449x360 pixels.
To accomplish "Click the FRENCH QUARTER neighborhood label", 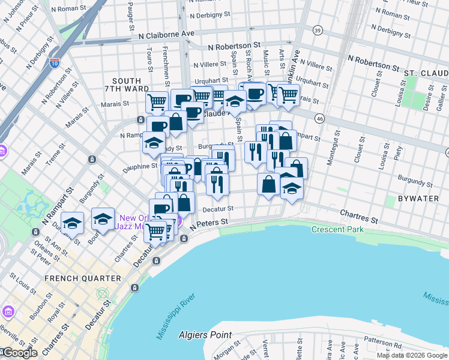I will click(x=83, y=278).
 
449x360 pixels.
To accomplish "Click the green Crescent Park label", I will click(x=337, y=230).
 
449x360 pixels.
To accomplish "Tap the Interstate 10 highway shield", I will click(x=54, y=62).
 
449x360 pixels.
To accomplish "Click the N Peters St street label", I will click(x=209, y=223).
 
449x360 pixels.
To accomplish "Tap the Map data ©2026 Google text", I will click(x=412, y=355).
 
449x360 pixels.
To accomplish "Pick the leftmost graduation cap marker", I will click(x=72, y=223).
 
